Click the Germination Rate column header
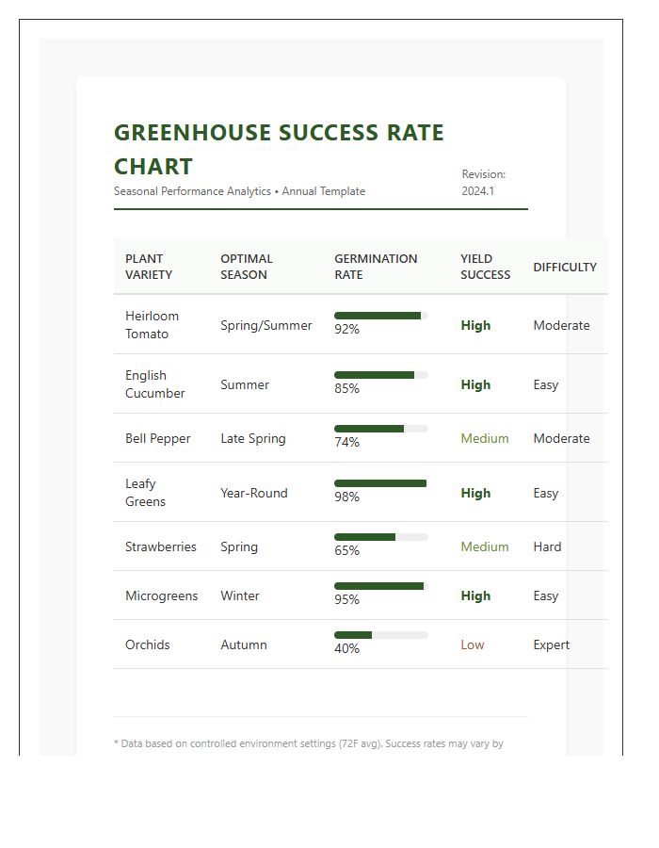tap(376, 267)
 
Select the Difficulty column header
tap(565, 267)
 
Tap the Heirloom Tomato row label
tap(152, 325)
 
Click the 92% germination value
tap(346, 330)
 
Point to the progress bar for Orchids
tap(380, 635)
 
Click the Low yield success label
tap(473, 644)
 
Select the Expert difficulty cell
tap(551, 644)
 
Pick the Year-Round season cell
tap(254, 493)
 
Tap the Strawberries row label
tap(161, 546)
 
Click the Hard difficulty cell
tap(547, 546)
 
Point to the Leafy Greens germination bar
tap(380, 483)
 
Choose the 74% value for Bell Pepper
tap(346, 443)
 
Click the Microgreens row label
tap(162, 595)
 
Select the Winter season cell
tap(240, 595)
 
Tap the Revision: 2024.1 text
tap(484, 183)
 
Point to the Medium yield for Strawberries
tap(485, 546)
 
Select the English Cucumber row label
tap(155, 384)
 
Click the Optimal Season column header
tap(247, 267)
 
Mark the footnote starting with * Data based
tap(309, 743)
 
